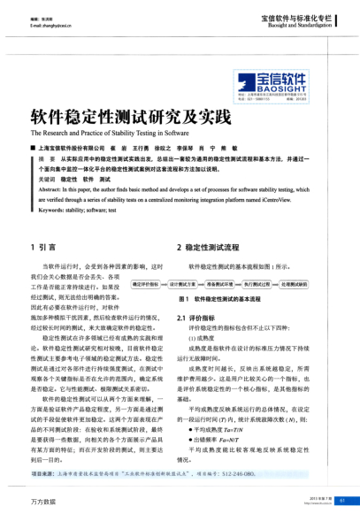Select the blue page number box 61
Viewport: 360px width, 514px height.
click(x=341, y=500)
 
